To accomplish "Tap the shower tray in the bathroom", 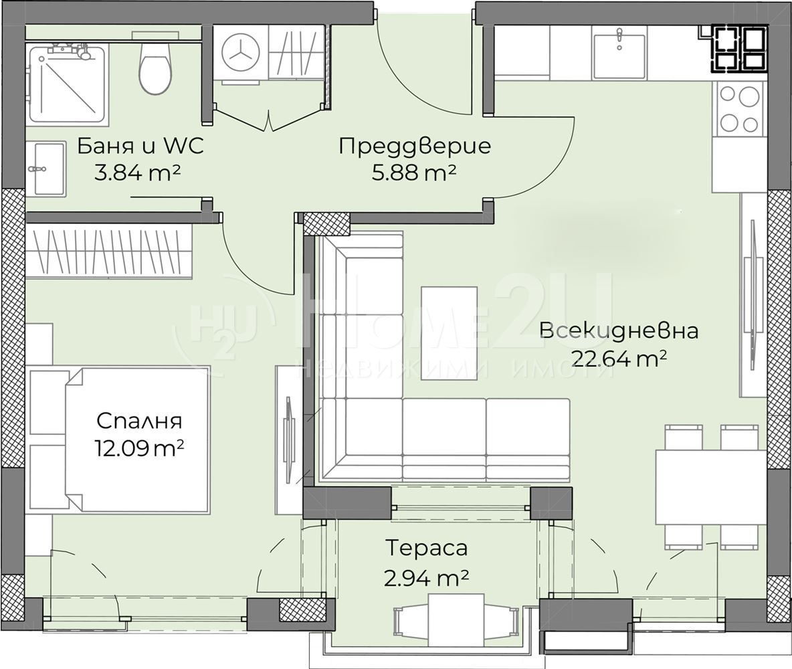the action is click(x=67, y=84).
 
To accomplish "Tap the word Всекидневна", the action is click(x=619, y=331).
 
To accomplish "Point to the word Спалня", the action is click(x=139, y=420).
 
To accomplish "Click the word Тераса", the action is click(x=426, y=548).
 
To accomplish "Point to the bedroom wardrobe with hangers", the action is click(x=109, y=251).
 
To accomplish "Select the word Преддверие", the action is click(x=414, y=146).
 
